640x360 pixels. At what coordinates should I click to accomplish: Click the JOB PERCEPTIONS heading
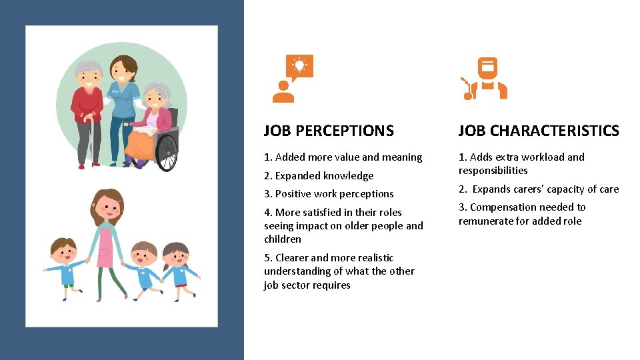click(329, 131)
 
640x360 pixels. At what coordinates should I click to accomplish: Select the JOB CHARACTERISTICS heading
click(539, 131)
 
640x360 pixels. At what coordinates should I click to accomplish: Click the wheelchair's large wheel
click(166, 149)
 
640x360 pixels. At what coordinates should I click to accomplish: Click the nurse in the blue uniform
click(123, 107)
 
